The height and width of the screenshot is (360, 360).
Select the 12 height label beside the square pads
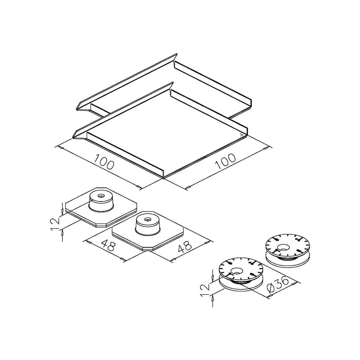coord(55,224)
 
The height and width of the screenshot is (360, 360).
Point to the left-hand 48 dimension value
coord(108,246)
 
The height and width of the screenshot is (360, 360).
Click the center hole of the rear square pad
coord(101,196)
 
